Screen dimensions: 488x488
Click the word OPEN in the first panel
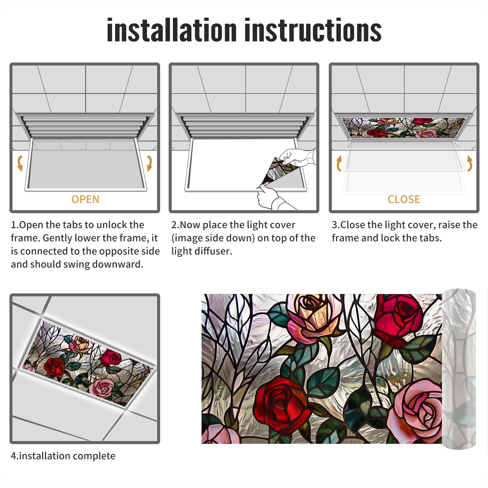85,199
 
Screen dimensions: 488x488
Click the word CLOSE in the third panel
404,199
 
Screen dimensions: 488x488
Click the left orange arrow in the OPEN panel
20,163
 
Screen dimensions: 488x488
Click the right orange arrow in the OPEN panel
149,163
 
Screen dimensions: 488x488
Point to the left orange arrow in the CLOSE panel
339,163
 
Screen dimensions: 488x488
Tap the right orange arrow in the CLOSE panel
470,163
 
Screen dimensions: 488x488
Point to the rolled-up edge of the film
459,369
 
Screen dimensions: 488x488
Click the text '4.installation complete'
63,456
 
